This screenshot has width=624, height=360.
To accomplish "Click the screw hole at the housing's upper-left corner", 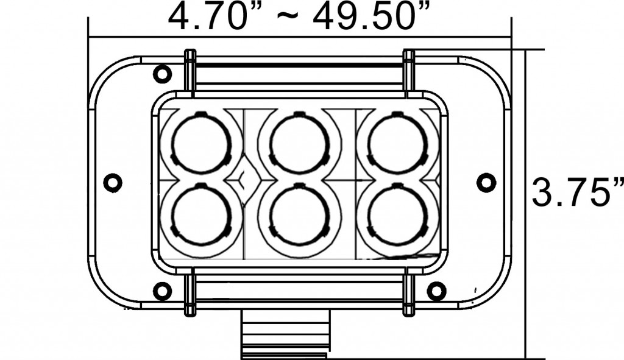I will click(x=162, y=74).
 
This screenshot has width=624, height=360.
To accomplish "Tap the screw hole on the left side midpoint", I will click(x=113, y=182).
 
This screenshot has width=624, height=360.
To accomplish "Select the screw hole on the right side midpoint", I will click(x=486, y=182).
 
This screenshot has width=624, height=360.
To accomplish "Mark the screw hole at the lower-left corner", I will click(x=162, y=291).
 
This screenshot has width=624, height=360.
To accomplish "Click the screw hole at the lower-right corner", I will click(x=436, y=291).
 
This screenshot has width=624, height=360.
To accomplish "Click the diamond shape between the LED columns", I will click(x=244, y=180).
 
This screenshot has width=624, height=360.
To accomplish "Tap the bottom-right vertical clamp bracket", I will click(x=409, y=294).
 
